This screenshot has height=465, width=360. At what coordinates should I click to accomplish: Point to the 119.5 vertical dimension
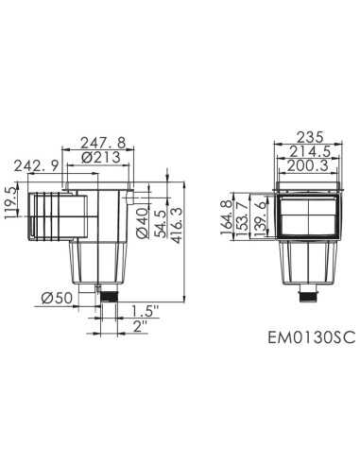pos(12,202)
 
